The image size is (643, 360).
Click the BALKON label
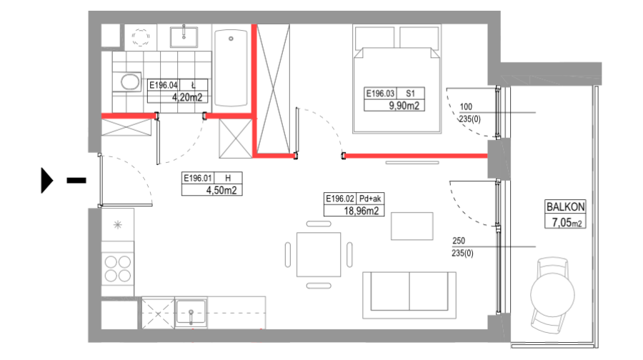pyautogui.click(x=565, y=206)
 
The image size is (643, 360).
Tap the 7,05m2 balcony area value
pyautogui.click(x=567, y=222)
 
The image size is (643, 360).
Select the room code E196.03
pyautogui.click(x=380, y=94)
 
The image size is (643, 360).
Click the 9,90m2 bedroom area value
pyautogui.click(x=404, y=106)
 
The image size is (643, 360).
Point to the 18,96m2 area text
pyautogui.click(x=361, y=211)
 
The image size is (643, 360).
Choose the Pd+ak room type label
pyautogui.click(x=370, y=199)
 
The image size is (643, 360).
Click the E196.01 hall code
pyautogui.click(x=198, y=179)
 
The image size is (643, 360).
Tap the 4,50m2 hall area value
pyautogui.click(x=221, y=190)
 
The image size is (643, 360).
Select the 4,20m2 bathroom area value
pyautogui.click(x=187, y=97)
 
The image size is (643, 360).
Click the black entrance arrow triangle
pyautogui.click(x=46, y=181)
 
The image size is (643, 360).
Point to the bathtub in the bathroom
pyautogui.click(x=231, y=68)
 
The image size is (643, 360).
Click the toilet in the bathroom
pyautogui.click(x=128, y=82)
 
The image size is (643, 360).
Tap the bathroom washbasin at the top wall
pyautogui.click(x=184, y=37)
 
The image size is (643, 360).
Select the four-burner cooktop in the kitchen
pyautogui.click(x=118, y=269)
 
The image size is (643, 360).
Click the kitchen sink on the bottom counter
pyautogui.click(x=191, y=312)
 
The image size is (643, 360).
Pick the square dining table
pyautogui.click(x=319, y=254)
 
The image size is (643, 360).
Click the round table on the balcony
pyautogui.click(x=552, y=294)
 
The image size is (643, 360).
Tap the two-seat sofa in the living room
pyautogui.click(x=409, y=295)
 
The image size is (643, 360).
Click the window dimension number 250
pyautogui.click(x=459, y=241)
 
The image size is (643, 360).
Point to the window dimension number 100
pyautogui.click(x=466, y=106)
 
